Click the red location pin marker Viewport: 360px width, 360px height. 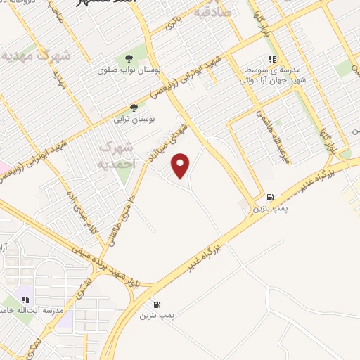tap(181, 165)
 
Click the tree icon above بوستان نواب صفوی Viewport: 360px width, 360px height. tap(129, 59)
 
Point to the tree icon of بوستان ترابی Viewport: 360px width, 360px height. tap(134, 108)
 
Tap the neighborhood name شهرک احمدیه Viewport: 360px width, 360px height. tap(117, 154)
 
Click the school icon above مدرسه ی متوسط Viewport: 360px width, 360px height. tap(271, 60)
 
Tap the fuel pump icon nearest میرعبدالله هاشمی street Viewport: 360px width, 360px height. tap(271, 198)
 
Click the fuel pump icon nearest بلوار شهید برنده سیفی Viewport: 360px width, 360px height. tap(156, 304)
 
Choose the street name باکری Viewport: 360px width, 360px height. tap(172, 23)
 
